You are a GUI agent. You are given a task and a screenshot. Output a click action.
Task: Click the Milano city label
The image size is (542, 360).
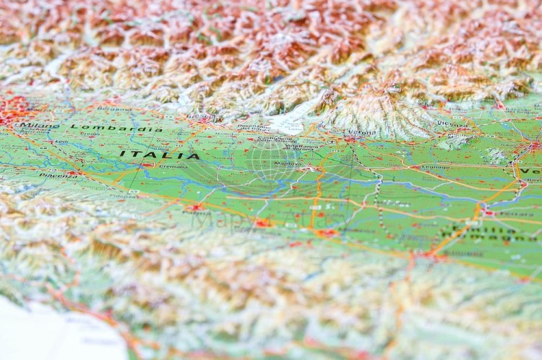coord(40,126)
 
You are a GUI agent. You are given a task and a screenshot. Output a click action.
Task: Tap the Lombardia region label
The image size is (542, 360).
coord(116,128)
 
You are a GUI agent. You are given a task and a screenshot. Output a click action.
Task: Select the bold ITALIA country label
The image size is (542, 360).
coord(159,155)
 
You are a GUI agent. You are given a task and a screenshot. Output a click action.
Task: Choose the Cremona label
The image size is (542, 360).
coord(173,166)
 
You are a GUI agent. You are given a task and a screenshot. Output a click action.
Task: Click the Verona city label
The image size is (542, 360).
coord(361,132)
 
